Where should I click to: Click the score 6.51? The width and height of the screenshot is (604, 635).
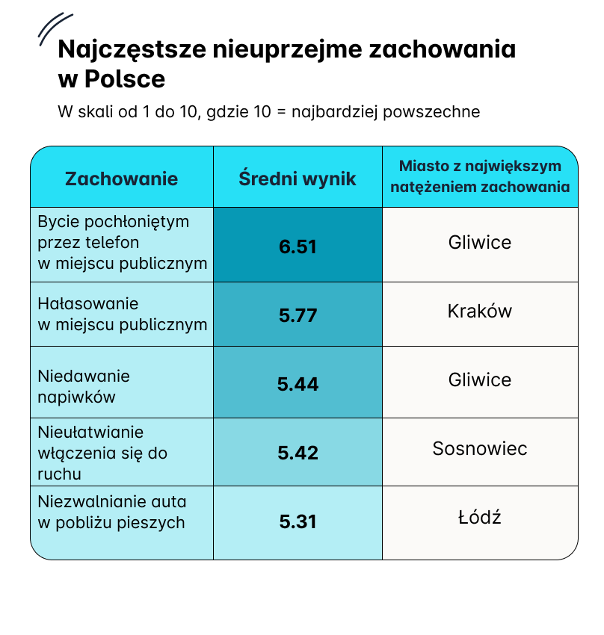[298, 247]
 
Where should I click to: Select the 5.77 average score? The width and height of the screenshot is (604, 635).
[298, 315]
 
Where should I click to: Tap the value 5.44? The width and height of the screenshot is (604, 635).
[298, 383]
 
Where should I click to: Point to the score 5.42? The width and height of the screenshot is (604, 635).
[298, 453]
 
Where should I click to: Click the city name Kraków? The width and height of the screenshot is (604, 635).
[480, 311]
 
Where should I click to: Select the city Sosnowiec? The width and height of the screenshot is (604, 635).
[480, 448]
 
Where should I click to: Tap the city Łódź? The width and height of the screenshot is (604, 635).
[480, 516]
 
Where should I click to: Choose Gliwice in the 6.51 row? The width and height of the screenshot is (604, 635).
[480, 242]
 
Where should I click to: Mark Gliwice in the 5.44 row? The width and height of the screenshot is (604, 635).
[480, 380]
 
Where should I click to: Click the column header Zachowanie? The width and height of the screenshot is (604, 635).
[122, 179]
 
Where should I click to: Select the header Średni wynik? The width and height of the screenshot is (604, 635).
[298, 179]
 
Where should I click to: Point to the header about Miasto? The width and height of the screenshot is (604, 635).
[480, 176]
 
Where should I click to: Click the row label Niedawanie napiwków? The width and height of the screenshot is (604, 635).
[84, 386]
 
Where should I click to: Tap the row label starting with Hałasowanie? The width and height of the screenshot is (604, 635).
[123, 314]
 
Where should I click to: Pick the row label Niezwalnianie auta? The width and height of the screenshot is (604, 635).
[112, 512]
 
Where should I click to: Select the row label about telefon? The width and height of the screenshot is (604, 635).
[123, 242]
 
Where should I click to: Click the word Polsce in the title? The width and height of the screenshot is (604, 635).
[125, 78]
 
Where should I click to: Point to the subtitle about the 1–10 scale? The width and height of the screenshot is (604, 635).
[268, 112]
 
